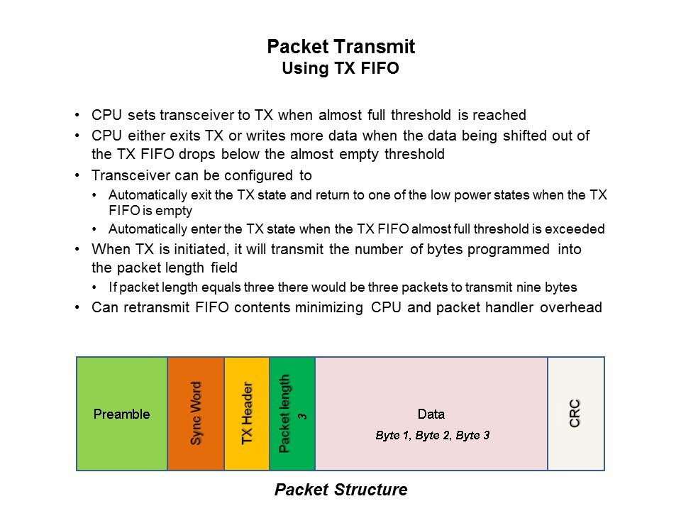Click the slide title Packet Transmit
pos(341,47)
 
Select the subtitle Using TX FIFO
pos(340,68)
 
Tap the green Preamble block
pos(122,414)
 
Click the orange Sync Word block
pos(196,414)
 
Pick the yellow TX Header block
pos(247,414)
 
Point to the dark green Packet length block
pos(292,414)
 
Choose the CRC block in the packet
pos(576,414)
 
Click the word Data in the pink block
pos(431,414)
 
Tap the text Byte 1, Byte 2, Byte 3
pos(433,435)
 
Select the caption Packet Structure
pos(341,490)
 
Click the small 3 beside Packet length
pos(302,417)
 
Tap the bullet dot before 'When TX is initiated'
pos(77,249)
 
